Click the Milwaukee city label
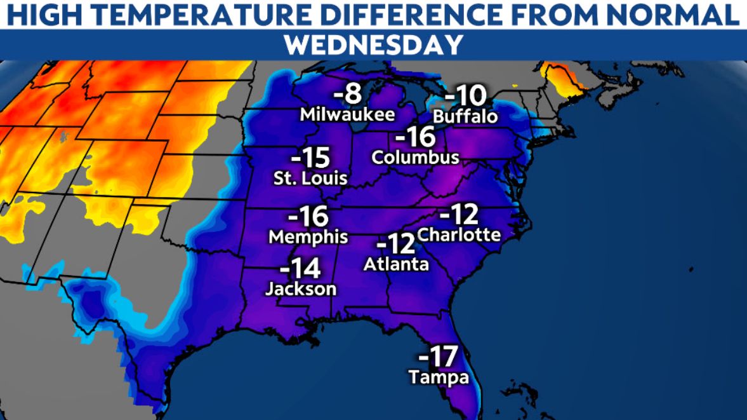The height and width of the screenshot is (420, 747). [x=347, y=115]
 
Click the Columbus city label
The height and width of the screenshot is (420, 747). [x=416, y=157]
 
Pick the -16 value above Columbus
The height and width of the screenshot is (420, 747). [x=415, y=137]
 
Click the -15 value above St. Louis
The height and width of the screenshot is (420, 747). [x=311, y=156]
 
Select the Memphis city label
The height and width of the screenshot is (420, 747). [x=308, y=237]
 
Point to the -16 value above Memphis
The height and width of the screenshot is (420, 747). [x=308, y=216]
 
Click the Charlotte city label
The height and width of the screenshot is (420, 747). [x=460, y=234]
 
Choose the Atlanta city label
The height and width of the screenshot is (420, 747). [x=396, y=264]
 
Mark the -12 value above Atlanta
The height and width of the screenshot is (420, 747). [x=395, y=243]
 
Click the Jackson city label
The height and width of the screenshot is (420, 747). [x=300, y=288]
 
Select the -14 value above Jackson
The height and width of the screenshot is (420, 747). [x=300, y=268]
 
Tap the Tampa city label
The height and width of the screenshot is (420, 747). [x=439, y=377]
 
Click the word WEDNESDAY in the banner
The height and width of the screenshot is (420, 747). [x=373, y=45]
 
